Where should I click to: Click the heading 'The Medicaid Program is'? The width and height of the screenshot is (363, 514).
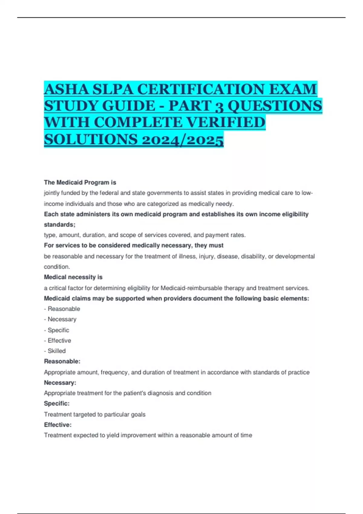[80, 182]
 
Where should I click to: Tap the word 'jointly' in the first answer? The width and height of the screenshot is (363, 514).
[51, 193]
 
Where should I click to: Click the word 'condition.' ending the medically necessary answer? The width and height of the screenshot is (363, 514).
[57, 267]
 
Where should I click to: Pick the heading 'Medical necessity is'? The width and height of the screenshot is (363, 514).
[73, 277]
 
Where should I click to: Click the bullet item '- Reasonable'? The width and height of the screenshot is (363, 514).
[62, 309]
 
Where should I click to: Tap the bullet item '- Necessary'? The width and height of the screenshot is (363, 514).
[60, 319]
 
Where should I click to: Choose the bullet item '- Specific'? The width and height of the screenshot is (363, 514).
[57, 330]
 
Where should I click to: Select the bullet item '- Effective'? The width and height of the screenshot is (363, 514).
[57, 340]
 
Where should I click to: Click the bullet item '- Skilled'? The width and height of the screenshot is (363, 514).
[55, 351]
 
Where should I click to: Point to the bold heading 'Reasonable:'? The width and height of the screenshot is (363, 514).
[62, 361]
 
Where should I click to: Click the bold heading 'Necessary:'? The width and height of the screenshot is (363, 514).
[60, 383]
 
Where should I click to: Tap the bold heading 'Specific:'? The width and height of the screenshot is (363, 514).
[57, 403]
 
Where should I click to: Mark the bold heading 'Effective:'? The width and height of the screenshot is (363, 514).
[57, 425]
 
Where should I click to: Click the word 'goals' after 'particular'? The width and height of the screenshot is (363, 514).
[138, 415]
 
